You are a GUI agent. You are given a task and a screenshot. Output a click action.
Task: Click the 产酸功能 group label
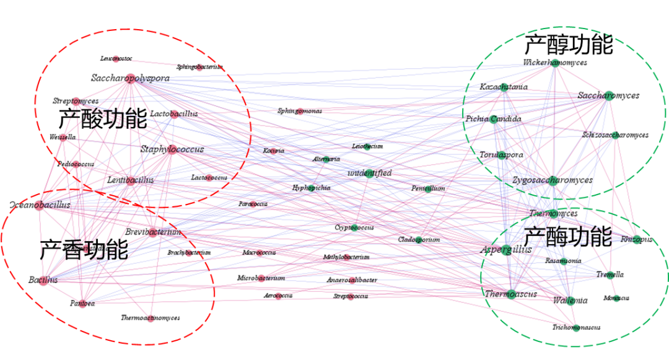tap(103, 119)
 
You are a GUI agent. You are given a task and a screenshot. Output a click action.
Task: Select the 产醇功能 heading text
tap(568, 44)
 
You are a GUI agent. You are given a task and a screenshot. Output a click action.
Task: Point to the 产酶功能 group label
tap(567, 236)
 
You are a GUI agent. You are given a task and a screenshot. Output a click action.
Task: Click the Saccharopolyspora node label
tap(130, 78)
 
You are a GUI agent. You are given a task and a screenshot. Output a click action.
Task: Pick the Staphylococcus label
tap(172, 149)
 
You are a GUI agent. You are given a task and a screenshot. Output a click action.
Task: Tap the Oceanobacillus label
tap(40, 205)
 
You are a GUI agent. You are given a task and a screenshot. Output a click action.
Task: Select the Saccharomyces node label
tap(608, 95)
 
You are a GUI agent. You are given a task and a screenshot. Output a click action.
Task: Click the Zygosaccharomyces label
tap(553, 180)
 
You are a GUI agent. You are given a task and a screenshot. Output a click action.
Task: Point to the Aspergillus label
tap(506, 250)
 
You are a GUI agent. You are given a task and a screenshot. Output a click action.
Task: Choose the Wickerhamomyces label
tap(555, 63)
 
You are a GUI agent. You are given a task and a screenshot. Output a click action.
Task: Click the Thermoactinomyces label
tap(151, 318)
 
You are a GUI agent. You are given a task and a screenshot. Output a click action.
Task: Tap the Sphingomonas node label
tap(300, 112)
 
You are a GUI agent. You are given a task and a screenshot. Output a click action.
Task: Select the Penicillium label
tap(428, 188)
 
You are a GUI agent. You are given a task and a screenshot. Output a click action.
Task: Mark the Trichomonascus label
tap(576, 327)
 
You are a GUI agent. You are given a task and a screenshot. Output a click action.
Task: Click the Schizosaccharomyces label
tap(615, 135)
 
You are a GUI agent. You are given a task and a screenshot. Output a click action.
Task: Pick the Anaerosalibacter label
tap(352, 280)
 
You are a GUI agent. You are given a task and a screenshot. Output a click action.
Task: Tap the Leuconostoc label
tap(116, 59)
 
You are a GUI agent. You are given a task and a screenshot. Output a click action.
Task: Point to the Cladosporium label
tap(419, 240)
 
